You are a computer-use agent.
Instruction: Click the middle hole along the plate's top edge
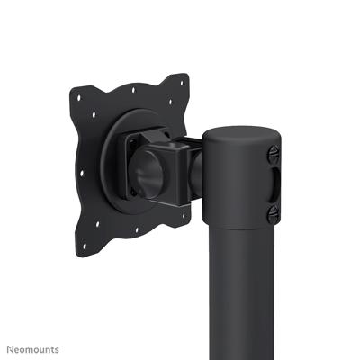[x=133, y=90]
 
